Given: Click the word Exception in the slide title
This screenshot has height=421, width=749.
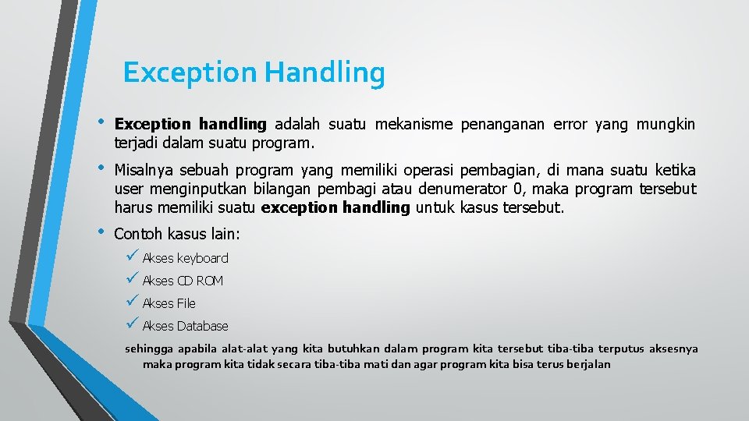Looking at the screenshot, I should coord(190,73).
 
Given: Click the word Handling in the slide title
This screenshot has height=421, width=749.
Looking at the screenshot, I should coord(324,73).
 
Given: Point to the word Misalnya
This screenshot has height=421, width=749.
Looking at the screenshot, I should coord(144,171).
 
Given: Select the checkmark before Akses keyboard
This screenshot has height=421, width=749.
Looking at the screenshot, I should coord(132,256).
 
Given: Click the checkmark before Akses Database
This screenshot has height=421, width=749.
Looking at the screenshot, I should coord(132,324).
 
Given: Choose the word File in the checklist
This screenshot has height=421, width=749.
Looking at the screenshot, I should coord(186,303).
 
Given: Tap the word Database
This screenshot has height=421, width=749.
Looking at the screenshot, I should coord(202,326).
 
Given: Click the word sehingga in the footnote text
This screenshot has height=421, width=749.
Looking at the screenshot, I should coord(149,349).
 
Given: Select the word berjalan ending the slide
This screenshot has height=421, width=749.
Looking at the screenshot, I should coord(589,365).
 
